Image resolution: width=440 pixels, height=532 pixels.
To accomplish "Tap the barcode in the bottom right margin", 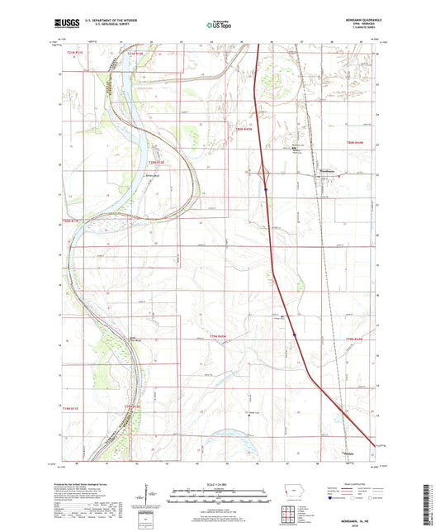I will (429, 496).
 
